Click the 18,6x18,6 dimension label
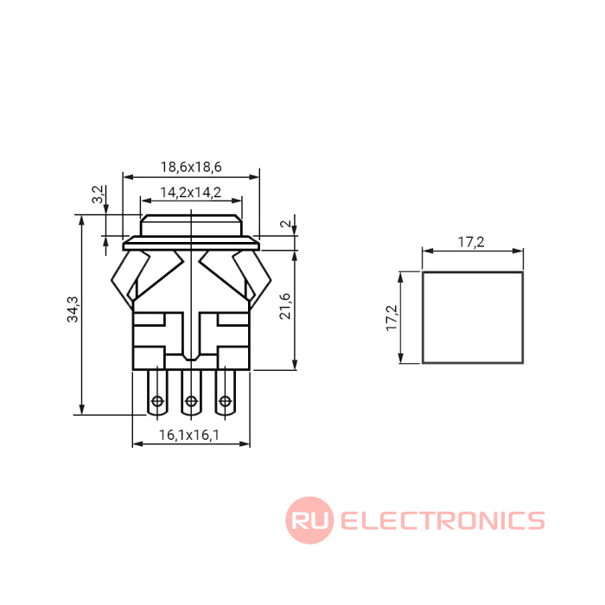click(191, 167)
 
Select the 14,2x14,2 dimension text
click(191, 192)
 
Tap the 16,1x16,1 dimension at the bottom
click(190, 436)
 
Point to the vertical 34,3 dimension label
click(73, 309)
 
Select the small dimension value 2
click(284, 224)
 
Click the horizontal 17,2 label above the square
click(471, 243)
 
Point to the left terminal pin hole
click(157, 401)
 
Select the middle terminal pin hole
click(190, 401)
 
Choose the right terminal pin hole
click(225, 401)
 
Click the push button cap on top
click(191, 226)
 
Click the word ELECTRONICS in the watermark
click(443, 520)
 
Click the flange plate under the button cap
click(191, 245)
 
